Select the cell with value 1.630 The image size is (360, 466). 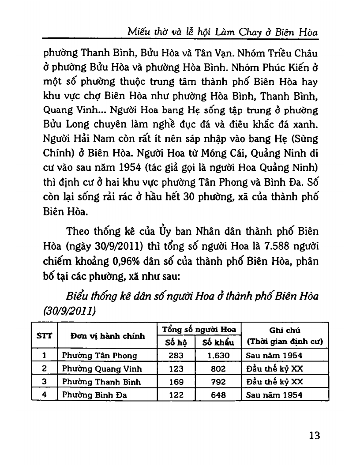pos(218,355)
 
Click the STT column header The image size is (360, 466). pos(44,335)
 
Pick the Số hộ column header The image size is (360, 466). pos(176,342)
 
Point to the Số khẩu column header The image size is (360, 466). pos(218,342)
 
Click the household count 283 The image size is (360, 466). pos(176,355)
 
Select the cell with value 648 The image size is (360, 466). pos(218,395)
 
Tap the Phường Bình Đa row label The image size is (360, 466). pos(94,395)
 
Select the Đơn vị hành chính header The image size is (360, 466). pos(108,336)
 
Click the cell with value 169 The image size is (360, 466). pos(176,382)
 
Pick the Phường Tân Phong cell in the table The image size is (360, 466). pos(99,355)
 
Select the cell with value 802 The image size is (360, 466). pos(218,368)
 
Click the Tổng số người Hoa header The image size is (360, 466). pos(199,329)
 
